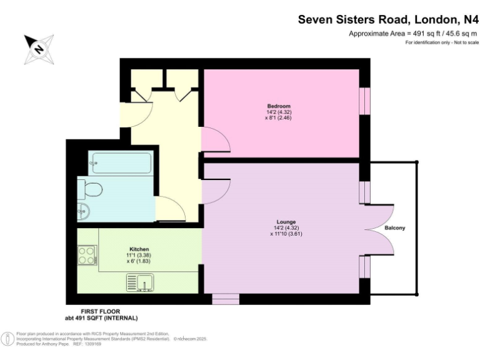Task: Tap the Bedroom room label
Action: (x=278, y=106)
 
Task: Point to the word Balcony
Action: (x=394, y=228)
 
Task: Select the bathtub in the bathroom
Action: (x=119, y=164)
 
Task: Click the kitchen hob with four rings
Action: (x=87, y=254)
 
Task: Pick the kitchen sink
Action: (x=139, y=283)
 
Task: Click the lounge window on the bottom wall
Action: (x=225, y=299)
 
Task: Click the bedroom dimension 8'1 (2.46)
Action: (x=278, y=117)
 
